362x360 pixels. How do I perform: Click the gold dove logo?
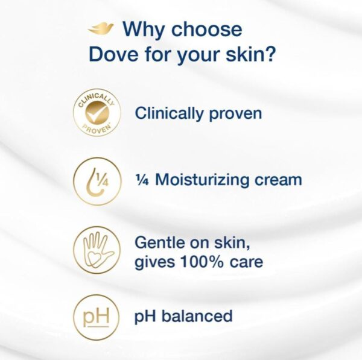pos(101,29)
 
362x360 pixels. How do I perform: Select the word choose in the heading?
pos(206,30)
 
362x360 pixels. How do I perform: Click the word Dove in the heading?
pos(113,54)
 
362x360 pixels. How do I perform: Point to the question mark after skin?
pos(270,54)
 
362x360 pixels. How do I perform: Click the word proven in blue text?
pos(235,115)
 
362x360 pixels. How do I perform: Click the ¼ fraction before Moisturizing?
pos(142,180)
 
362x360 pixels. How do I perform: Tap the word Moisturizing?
pos(202,180)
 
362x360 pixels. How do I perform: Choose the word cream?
pos(278,180)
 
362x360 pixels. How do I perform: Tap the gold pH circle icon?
pos(96,317)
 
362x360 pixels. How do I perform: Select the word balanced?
pos(197,316)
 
